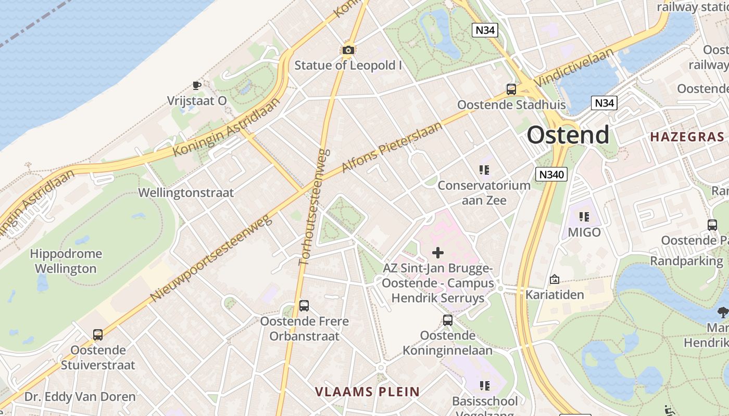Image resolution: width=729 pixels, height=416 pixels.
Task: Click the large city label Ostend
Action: pos(568,135)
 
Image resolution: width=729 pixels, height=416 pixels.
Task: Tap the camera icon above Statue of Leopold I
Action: pos(348,50)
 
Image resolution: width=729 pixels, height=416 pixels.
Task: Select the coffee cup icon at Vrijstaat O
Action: pos(196,85)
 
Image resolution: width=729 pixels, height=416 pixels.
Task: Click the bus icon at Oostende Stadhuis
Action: pos(511,89)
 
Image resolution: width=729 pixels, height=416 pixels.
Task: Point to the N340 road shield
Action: pos(551,174)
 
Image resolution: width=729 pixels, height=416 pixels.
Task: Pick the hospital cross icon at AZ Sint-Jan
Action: pos(438,253)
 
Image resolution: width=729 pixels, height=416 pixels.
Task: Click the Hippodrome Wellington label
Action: pos(66,262)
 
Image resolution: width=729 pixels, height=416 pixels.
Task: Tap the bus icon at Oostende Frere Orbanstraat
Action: pos(304,306)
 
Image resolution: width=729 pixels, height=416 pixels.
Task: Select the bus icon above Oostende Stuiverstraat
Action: pos(98,335)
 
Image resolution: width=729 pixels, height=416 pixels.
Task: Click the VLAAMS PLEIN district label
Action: pos(368,392)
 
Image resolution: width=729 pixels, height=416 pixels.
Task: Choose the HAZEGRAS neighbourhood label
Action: pos(687,137)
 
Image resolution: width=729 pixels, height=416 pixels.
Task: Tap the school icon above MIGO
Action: pos(584,216)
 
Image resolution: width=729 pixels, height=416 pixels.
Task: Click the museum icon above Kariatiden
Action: pos(555,280)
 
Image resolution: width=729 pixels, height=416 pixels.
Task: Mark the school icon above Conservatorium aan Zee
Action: pos(484,170)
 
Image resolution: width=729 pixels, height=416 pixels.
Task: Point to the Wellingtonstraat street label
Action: pos(186,193)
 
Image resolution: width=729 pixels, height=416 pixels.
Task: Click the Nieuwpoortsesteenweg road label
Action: pos(211,258)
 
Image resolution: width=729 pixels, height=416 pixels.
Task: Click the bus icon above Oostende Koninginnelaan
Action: pos(448,320)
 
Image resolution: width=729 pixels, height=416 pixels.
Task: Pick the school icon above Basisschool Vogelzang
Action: pos(484,386)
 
